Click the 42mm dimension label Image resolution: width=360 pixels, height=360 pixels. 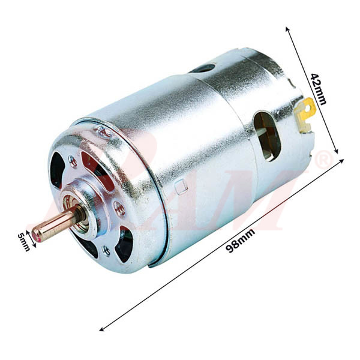[319, 88]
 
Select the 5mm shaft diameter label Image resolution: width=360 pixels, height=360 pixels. [24, 241]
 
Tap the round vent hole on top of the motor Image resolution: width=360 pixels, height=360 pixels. [205, 68]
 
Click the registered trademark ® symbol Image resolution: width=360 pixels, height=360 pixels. [324, 160]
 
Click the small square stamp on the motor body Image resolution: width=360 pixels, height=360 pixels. [182, 187]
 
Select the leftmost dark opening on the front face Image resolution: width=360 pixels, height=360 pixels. [58, 170]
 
